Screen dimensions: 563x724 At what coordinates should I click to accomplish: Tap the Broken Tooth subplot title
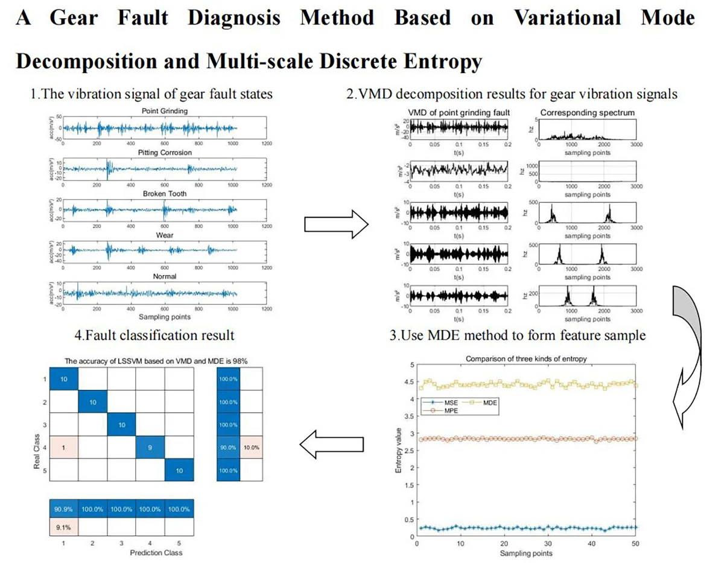coord(164,194)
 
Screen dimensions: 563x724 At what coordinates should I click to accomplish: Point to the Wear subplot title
coord(164,235)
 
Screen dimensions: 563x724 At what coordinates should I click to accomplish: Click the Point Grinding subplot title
coord(164,112)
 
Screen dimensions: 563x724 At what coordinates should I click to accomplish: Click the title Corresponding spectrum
coord(579,112)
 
